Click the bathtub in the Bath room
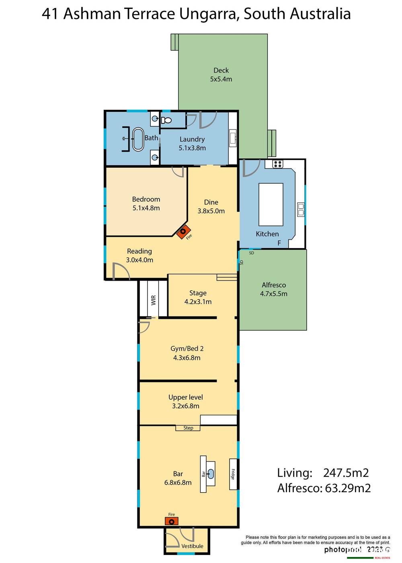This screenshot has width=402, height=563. point(138,140)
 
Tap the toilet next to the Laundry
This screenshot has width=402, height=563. point(166,120)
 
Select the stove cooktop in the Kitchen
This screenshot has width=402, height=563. point(277,164)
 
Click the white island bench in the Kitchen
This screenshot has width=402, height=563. point(271,204)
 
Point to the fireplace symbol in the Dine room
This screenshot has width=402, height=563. point(183,232)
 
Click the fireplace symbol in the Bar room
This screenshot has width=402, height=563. point(172,522)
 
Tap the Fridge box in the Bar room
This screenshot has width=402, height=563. point(233,474)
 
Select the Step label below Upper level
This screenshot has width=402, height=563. point(188,428)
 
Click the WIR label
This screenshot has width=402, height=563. point(153,300)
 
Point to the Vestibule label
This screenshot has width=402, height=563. point(192,546)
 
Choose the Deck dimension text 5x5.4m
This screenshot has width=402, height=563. point(221,79)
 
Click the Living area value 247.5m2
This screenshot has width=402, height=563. point(346,473)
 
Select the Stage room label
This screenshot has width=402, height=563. point(198,293)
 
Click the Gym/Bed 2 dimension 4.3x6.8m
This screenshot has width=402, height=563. point(187,358)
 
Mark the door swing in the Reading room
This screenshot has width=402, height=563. point(121,271)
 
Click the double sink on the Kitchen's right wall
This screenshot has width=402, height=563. point(300,208)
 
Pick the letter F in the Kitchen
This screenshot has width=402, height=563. point(279,243)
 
